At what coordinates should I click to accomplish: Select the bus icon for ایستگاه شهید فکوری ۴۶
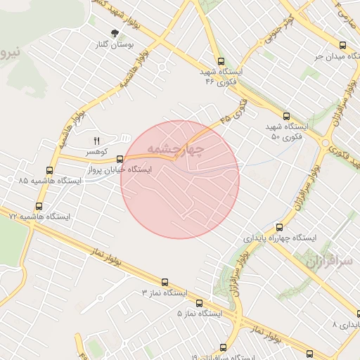point(222,61)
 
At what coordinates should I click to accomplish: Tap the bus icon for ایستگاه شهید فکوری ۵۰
point(285,116)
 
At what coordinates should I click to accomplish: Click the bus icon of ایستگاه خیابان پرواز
point(120,159)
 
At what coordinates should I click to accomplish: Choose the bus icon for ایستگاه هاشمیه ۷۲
point(38,207)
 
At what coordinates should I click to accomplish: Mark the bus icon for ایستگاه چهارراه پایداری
point(280,227)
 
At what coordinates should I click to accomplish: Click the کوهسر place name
point(97,151)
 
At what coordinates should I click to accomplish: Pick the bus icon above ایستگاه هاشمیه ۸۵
point(49,169)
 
